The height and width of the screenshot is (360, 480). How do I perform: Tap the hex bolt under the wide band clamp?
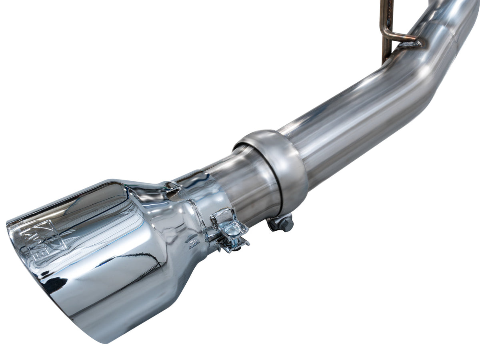[285, 224]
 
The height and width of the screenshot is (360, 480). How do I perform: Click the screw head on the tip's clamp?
[232, 230]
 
